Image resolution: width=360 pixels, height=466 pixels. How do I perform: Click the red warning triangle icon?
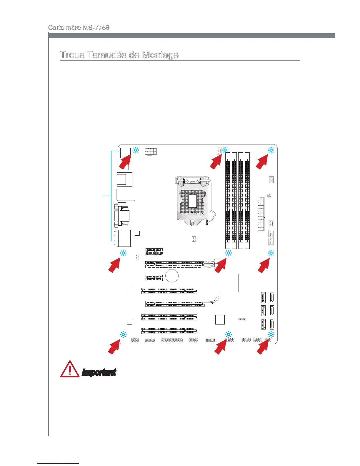click(x=69, y=370)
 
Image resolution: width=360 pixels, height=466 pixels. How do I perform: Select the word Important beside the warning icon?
click(x=99, y=372)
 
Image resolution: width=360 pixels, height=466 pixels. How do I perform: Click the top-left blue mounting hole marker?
click(x=136, y=150)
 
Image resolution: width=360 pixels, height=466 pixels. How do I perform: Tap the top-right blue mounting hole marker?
click(x=271, y=150)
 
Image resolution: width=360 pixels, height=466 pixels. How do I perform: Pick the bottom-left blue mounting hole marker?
click(x=123, y=334)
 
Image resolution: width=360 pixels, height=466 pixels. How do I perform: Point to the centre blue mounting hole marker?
click(x=228, y=253)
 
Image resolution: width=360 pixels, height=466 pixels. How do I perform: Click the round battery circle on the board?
click(x=172, y=276)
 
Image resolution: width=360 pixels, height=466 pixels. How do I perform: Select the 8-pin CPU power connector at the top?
click(x=151, y=151)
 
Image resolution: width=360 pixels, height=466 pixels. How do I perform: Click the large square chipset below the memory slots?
click(x=230, y=283)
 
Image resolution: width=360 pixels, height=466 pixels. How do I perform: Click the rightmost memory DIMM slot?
click(x=247, y=201)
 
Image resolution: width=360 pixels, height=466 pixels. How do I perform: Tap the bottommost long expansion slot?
click(x=169, y=331)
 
